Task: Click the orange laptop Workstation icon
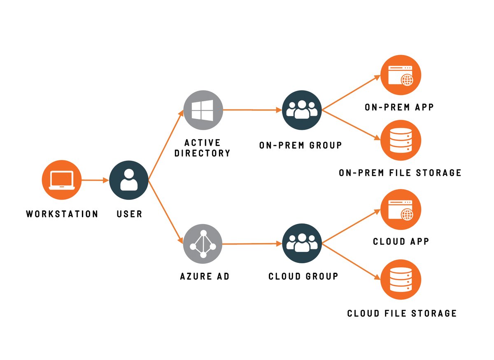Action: point(62,180)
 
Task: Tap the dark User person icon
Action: point(129,180)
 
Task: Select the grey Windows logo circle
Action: point(203,109)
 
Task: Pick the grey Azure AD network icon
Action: point(203,244)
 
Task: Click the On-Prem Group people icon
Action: point(302,110)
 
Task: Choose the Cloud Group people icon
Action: point(302,244)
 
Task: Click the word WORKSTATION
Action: point(62,214)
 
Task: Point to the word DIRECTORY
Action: point(202,153)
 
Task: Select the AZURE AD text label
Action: point(205,276)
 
